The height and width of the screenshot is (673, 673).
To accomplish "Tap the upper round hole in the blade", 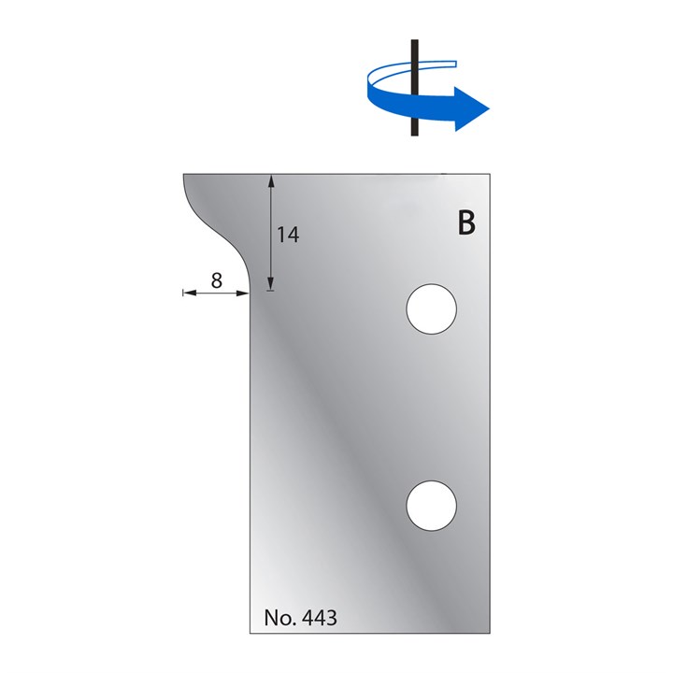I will click(432, 308).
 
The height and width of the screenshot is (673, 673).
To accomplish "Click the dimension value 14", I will click(288, 236).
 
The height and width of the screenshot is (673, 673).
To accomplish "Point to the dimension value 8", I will click(216, 279).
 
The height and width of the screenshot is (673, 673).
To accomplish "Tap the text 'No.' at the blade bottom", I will click(279, 618).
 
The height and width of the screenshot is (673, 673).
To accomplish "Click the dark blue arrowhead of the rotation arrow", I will click(472, 108).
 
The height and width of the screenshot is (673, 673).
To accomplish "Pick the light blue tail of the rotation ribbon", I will click(439, 64).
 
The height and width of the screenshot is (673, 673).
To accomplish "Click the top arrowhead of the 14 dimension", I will click(270, 180).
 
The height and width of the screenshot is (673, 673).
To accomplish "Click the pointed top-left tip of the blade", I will click(184, 175).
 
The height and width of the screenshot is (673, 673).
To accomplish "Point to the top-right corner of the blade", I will click(490, 174).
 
